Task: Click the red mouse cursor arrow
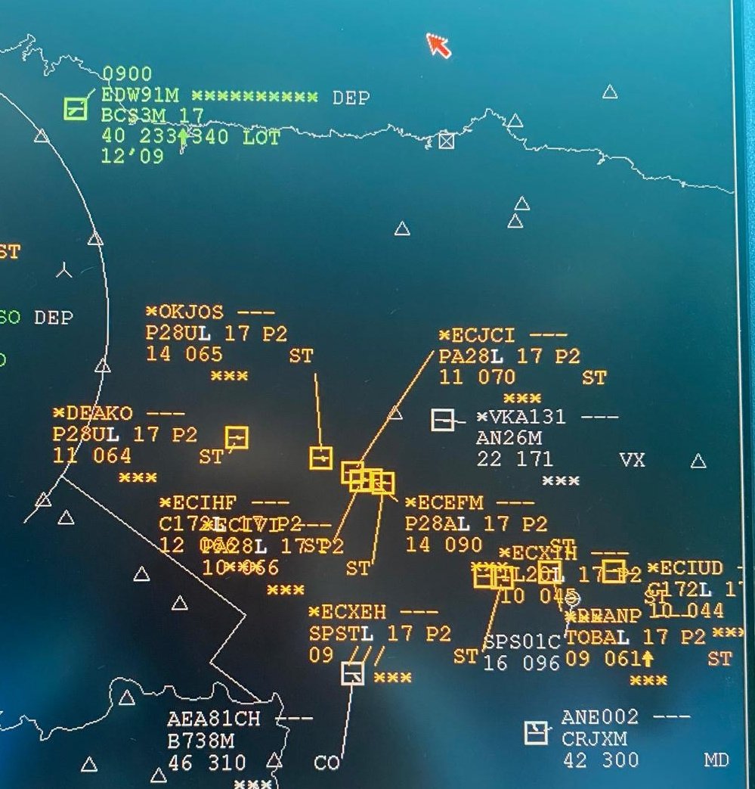coord(438,45)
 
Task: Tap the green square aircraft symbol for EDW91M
coord(75,108)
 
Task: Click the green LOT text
coord(261,138)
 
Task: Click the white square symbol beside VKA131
coord(442,420)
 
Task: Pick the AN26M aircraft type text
coord(510,438)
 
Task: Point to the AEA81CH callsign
coord(214,719)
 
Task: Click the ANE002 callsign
coord(600,717)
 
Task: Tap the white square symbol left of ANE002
coord(536,732)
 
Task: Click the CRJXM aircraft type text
coord(594,738)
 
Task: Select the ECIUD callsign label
coord(690,568)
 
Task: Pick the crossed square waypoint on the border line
coord(447,140)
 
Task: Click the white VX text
coord(632,459)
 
